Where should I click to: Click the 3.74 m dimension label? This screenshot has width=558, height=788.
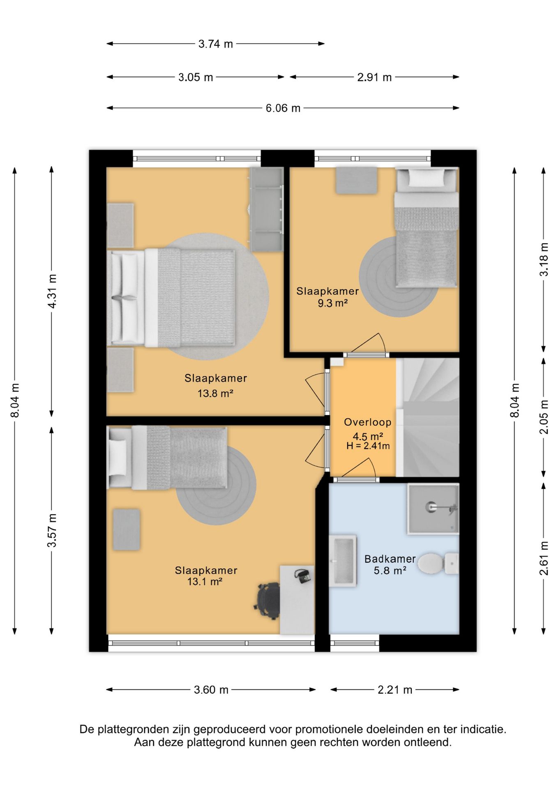tap(215, 44)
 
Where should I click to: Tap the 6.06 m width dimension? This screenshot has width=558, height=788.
tap(283, 108)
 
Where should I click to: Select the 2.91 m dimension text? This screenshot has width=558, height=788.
tap(374, 77)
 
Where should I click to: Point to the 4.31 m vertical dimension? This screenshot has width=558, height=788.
tap(52, 291)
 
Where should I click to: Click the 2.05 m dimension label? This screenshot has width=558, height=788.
tap(544, 417)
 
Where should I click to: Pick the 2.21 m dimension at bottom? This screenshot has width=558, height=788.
tap(395, 689)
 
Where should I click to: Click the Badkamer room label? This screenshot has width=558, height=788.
tap(390, 559)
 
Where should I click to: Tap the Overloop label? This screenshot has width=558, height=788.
tap(367, 422)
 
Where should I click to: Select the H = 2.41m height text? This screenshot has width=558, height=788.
tap(368, 446)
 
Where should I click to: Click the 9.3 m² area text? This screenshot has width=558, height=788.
tap(333, 303)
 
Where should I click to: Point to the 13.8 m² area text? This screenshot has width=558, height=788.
tap(215, 393)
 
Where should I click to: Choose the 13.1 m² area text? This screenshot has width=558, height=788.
tap(205, 581)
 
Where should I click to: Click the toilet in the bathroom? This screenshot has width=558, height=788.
tap(438, 563)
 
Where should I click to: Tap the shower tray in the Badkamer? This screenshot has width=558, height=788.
tap(433, 509)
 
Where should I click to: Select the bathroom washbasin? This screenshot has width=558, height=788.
tap(342, 561)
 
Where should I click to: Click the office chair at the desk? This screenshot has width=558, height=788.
tap(268, 600)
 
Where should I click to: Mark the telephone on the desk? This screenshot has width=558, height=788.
tap(303, 576)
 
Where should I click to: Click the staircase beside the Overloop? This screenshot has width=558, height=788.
tap(428, 417)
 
